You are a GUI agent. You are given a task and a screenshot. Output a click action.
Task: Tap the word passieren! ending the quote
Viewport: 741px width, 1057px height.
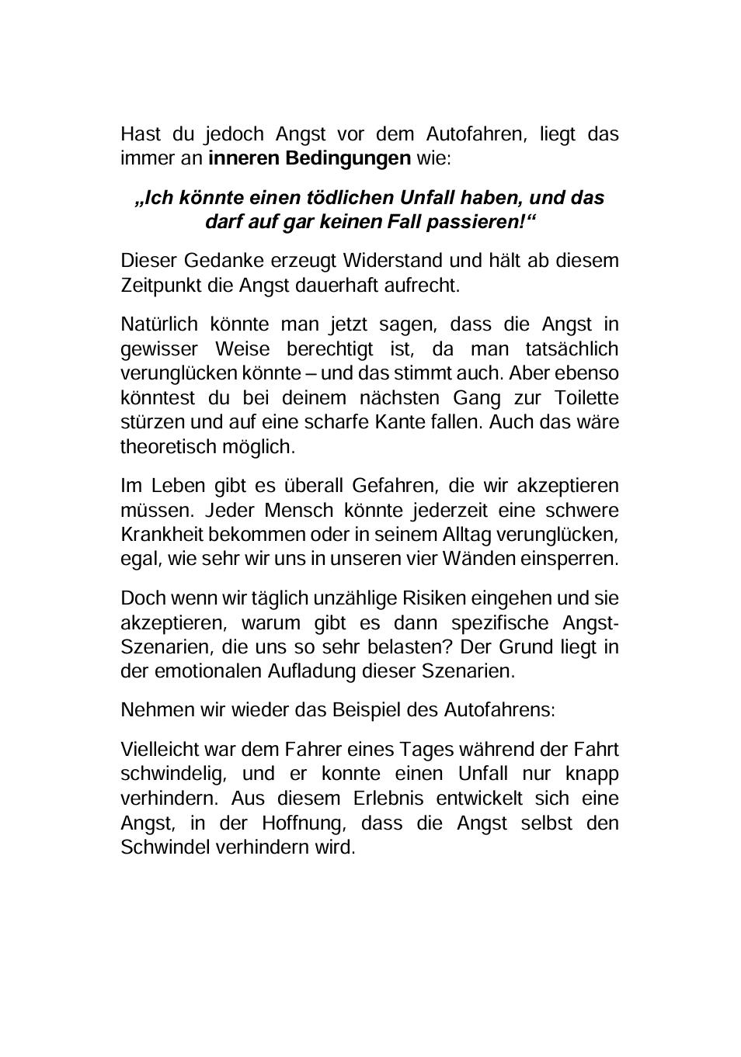coord(486,222)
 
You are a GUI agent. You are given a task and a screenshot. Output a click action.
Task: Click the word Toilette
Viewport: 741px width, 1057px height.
coord(586,398)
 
